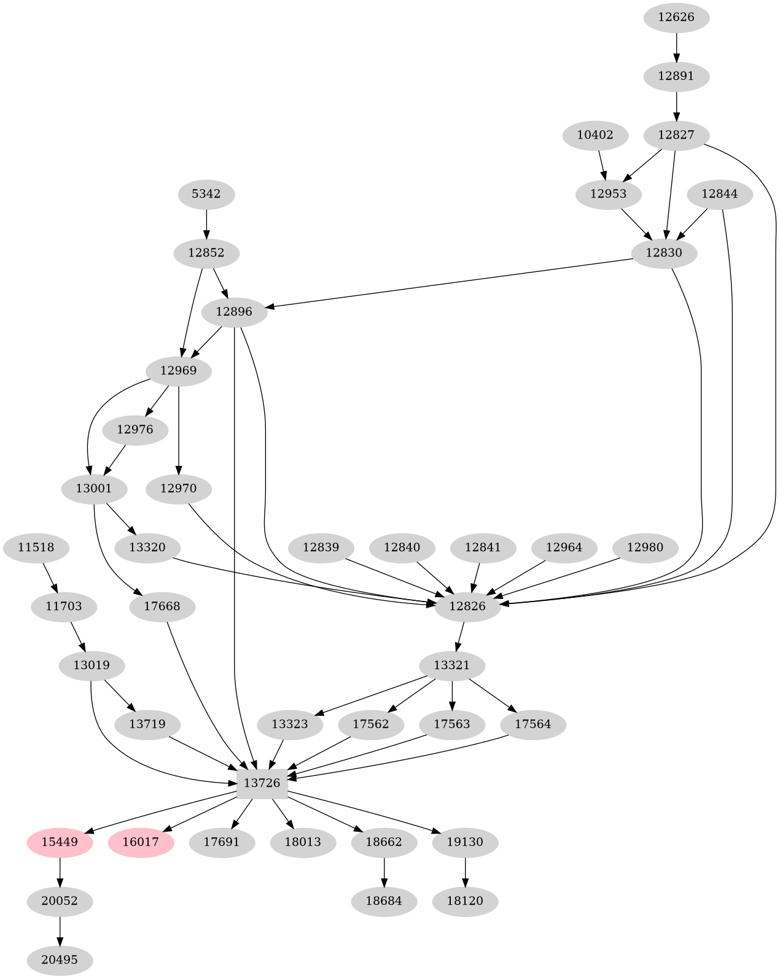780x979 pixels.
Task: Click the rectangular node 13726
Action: point(262,783)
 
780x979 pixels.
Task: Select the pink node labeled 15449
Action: point(60,842)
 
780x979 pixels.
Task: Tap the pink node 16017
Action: point(141,842)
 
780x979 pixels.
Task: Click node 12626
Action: point(676,17)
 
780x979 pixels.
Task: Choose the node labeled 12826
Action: point(467,606)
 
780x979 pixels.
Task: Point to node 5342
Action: point(206,194)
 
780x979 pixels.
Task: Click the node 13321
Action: point(452,665)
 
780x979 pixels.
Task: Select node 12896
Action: point(234,312)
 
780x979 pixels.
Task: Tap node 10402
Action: point(595,135)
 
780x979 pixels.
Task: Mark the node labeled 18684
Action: point(384,901)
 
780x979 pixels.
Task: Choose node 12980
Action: point(645,548)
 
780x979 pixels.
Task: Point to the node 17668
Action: point(162,606)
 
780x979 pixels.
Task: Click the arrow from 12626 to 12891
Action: point(676,47)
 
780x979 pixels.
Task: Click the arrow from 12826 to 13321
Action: point(460,636)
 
